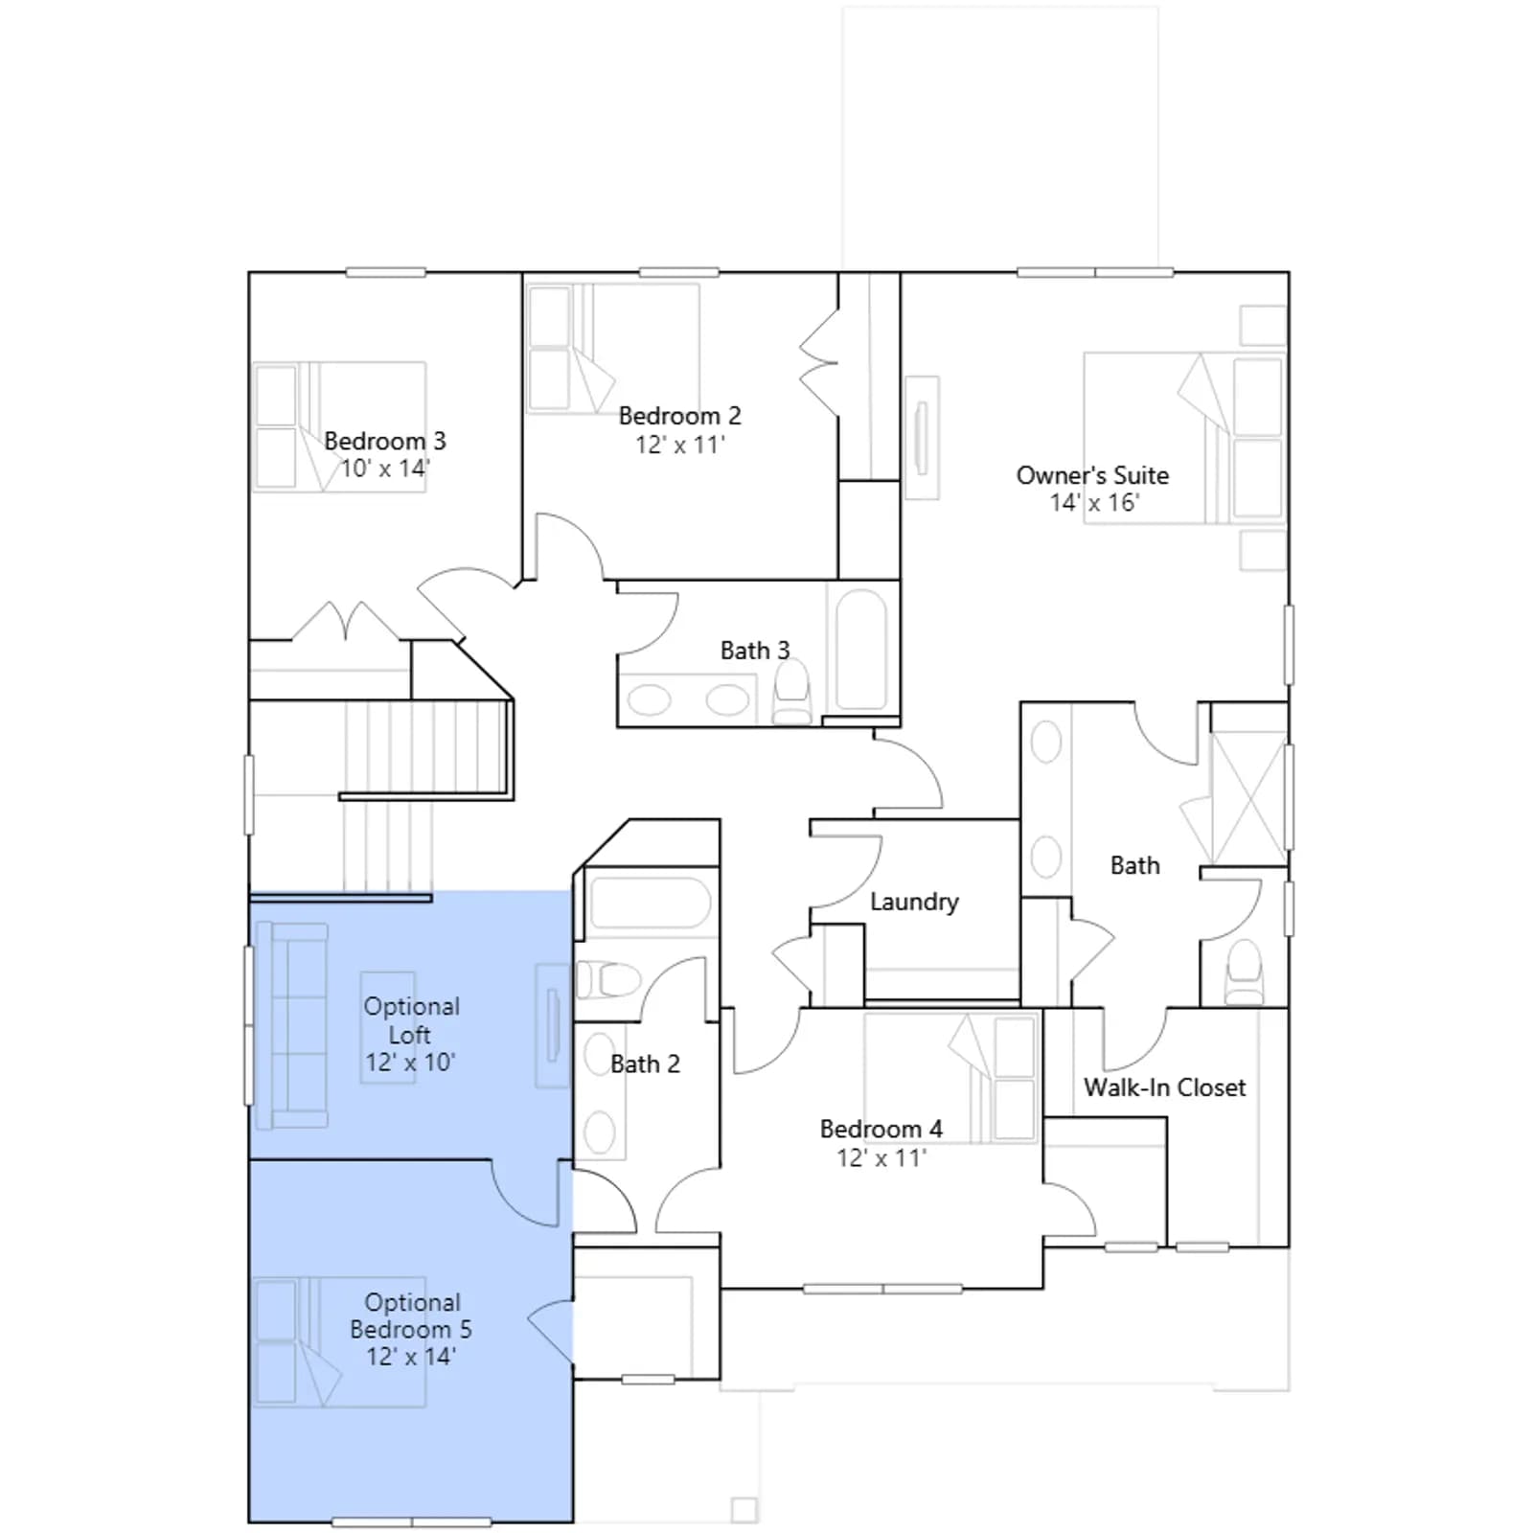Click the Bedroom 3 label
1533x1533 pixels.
click(384, 441)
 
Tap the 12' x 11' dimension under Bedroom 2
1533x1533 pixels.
click(679, 445)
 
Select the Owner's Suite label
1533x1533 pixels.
click(1092, 475)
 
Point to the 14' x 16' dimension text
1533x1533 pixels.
click(1093, 502)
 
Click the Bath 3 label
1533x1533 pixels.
click(755, 651)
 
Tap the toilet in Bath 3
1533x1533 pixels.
click(792, 691)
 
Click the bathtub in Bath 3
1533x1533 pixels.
click(861, 649)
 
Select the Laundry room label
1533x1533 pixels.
click(914, 902)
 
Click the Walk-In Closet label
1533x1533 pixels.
click(1164, 1087)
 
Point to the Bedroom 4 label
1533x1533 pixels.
click(881, 1129)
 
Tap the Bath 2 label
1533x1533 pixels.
click(645, 1064)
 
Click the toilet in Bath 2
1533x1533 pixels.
click(607, 979)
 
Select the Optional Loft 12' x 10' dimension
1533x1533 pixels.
click(410, 1063)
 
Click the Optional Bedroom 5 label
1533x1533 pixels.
click(410, 1316)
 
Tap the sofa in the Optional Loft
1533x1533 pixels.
click(291, 1025)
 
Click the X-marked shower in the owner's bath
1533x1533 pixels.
click(1248, 798)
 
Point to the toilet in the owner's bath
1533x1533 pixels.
click(1245, 972)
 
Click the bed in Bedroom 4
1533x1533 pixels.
click(950, 1077)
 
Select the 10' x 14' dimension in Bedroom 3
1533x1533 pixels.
click(385, 469)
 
